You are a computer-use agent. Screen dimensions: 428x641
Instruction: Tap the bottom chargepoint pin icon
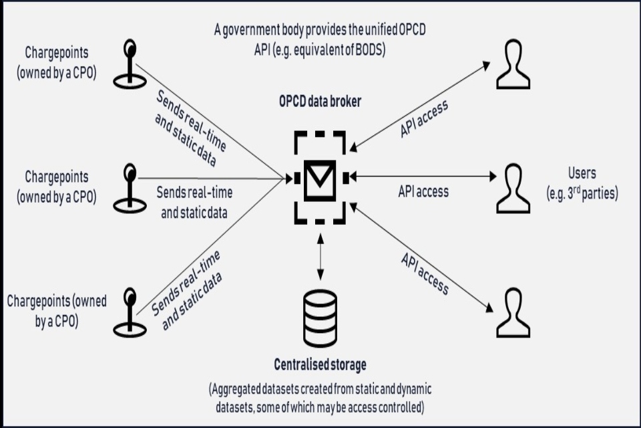130,311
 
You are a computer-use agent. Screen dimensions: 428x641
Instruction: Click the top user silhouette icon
513,65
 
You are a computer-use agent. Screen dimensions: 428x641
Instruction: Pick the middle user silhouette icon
513,189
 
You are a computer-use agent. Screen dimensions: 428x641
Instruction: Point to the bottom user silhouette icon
513,312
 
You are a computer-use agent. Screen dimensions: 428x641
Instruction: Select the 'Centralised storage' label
320,364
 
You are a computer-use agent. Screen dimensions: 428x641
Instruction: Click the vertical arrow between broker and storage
321,257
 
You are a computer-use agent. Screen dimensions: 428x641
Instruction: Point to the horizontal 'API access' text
423,192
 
